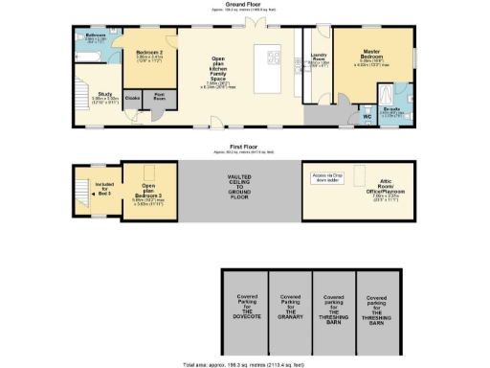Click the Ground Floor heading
[245, 5]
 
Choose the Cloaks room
[132, 98]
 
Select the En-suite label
[392, 111]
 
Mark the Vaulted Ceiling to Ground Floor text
[239, 186]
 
